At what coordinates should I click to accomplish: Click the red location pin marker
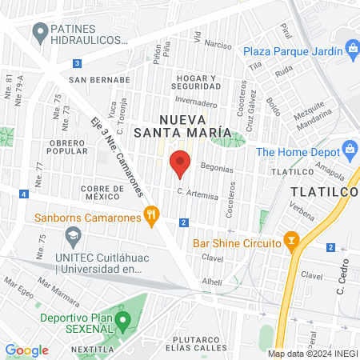(x=180, y=162)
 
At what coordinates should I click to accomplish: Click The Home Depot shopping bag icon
(x=349, y=150)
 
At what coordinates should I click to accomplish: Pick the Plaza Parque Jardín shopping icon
(x=352, y=50)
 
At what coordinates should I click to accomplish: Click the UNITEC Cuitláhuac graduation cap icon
(x=74, y=236)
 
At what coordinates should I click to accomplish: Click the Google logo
(x=26, y=350)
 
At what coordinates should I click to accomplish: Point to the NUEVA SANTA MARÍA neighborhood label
(x=182, y=125)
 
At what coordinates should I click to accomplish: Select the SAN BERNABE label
(x=99, y=80)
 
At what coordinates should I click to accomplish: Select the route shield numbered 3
(x=77, y=62)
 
